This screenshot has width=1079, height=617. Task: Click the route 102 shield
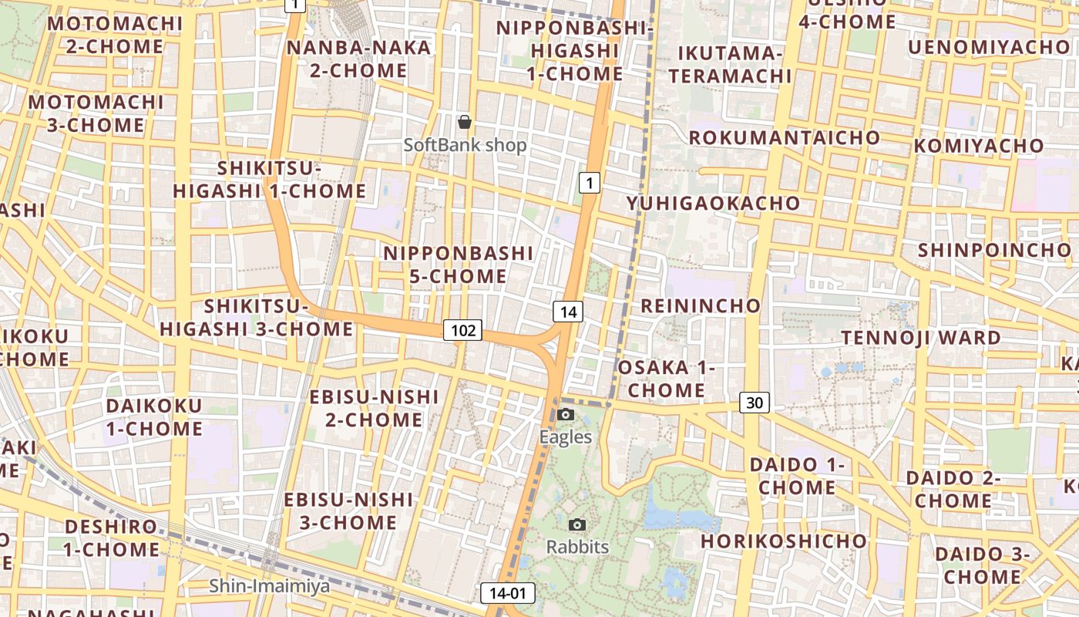point(462,331)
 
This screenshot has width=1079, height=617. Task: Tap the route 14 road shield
point(568,312)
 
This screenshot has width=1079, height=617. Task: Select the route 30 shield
point(755,402)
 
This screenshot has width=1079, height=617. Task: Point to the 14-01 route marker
point(508,593)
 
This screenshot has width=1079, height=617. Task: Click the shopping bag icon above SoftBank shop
point(465,122)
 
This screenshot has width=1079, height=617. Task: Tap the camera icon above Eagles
point(566,415)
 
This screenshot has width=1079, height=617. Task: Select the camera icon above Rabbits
point(576,525)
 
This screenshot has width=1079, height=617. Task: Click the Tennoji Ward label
point(920,337)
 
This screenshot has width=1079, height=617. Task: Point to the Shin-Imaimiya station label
point(269,586)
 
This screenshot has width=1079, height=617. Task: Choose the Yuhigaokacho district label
point(713,203)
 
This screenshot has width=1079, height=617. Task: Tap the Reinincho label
point(701,305)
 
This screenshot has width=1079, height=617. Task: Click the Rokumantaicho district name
point(784,137)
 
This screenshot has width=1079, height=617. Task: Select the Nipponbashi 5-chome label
point(458,265)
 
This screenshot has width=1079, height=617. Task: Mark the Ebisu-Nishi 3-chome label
point(348,511)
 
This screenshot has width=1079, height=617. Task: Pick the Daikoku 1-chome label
point(154,417)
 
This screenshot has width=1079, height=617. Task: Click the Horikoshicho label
point(784,541)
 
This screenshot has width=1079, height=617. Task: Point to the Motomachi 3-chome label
point(96,113)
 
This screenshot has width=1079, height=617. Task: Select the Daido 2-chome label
point(953,489)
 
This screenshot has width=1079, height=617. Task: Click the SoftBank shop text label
point(466,145)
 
